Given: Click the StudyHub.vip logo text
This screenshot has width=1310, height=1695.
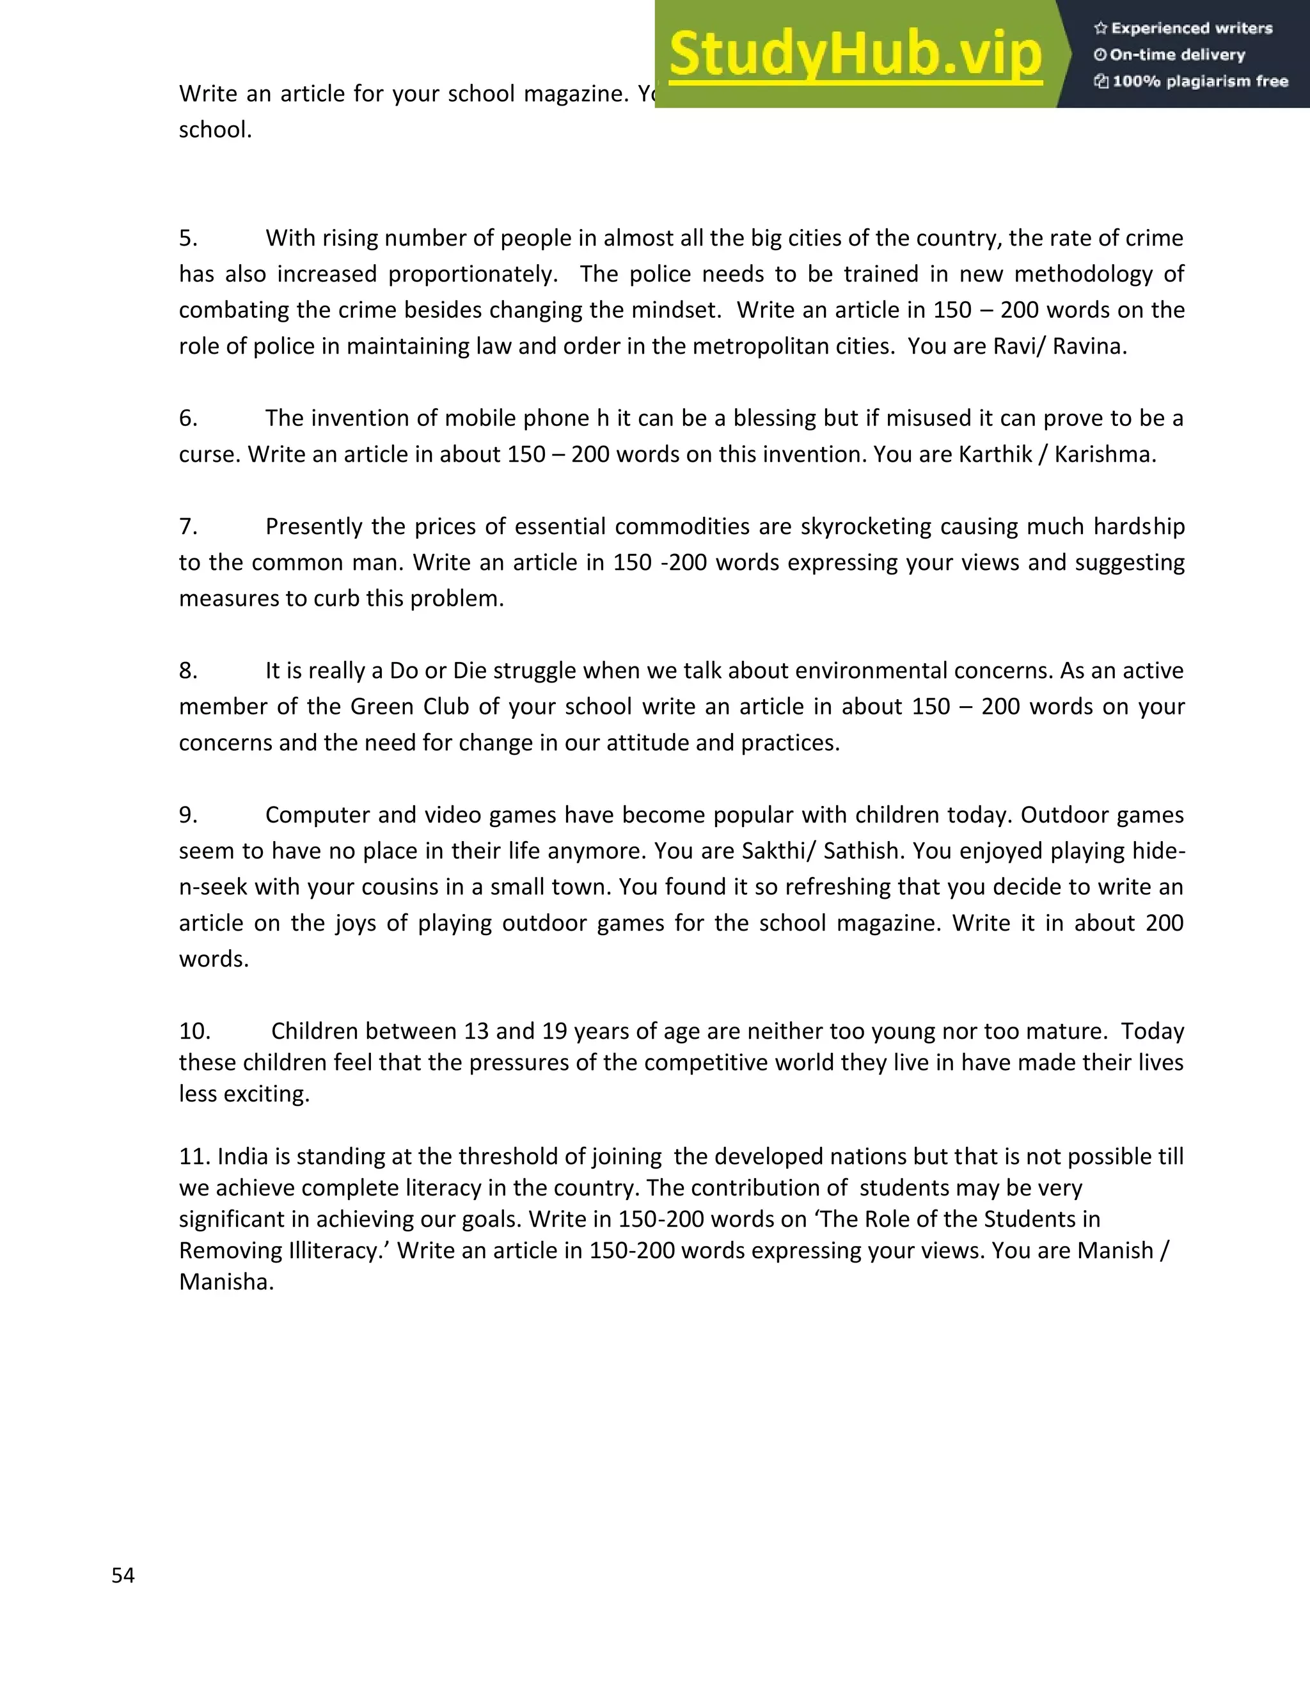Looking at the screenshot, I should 855,54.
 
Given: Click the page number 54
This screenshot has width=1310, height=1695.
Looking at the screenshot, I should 123,1575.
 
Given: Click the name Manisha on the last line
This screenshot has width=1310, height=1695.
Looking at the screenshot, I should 225,1281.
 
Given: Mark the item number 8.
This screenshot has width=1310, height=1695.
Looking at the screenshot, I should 188,670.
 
